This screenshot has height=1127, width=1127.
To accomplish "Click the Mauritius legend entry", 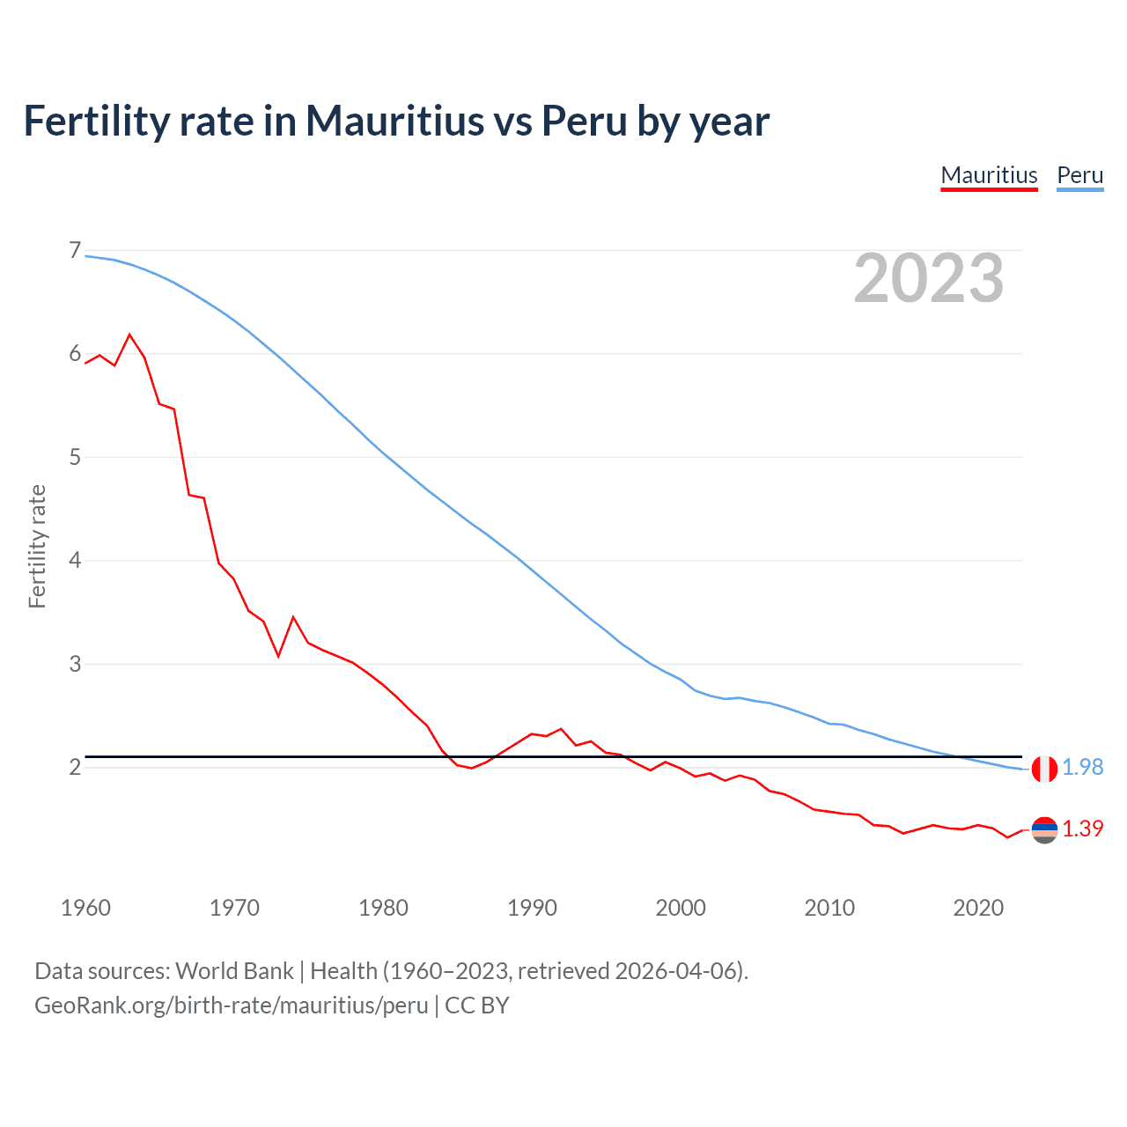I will (x=989, y=175).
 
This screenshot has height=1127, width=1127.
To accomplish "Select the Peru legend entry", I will (x=1079, y=175).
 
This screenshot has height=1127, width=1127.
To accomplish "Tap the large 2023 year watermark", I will (x=929, y=278).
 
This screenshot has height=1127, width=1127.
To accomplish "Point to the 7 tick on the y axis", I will (x=75, y=251).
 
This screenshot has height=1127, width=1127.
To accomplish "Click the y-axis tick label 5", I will (x=75, y=457).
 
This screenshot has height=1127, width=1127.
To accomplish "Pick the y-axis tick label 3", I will (x=75, y=664).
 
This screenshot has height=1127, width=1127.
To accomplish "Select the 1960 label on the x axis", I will (x=85, y=908).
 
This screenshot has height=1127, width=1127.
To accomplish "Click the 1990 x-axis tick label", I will (x=532, y=908).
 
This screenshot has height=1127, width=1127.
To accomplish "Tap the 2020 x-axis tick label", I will (x=978, y=908).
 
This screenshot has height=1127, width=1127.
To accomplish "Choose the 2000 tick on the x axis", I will (x=681, y=908).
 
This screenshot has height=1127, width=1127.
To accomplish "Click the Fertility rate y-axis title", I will (x=37, y=546).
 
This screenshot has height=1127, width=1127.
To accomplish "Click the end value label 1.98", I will (x=1082, y=768).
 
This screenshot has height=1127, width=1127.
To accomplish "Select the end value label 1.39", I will (x=1082, y=829).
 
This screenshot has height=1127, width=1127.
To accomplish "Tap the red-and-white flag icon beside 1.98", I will (x=1044, y=769).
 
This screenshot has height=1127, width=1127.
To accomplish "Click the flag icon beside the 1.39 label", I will (x=1044, y=830).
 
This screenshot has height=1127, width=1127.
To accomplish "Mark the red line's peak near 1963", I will (x=130, y=335).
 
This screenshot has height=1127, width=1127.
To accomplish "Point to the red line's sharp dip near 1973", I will (x=278, y=656).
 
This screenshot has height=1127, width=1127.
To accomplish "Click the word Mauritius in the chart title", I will (x=394, y=121).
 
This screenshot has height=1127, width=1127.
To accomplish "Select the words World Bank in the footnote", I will (x=234, y=971).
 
